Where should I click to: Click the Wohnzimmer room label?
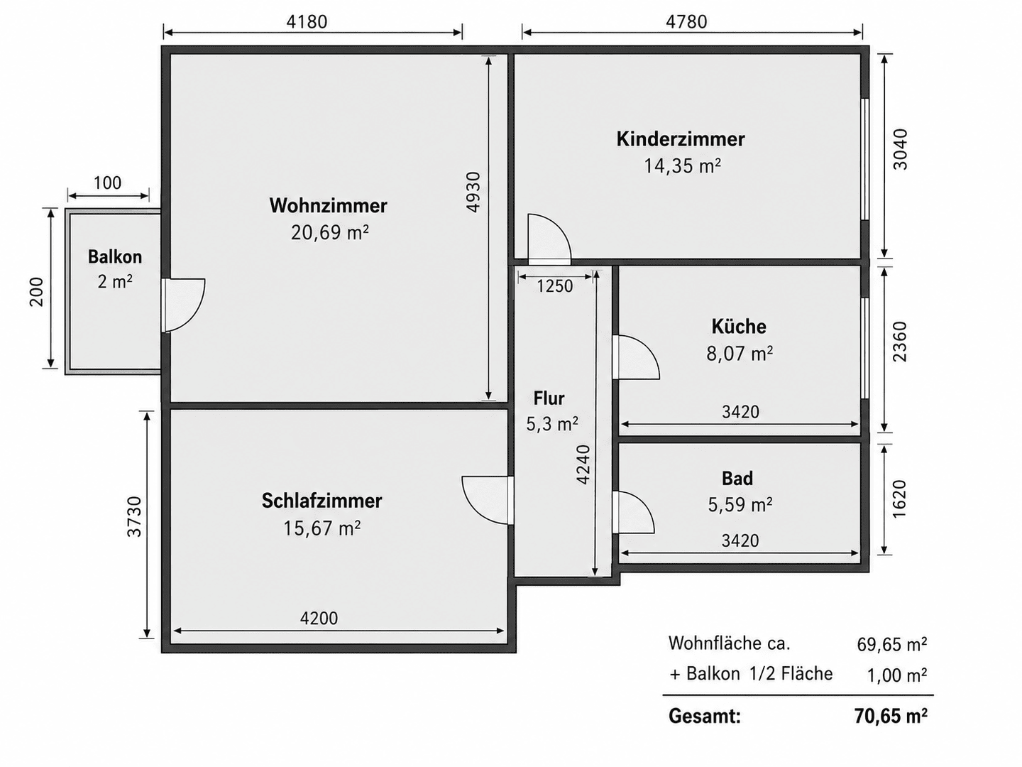(329, 206)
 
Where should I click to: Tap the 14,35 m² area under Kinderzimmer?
(682, 165)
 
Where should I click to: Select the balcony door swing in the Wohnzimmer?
(184, 305)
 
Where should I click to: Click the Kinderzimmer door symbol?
(549, 239)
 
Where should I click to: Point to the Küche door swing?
(635, 357)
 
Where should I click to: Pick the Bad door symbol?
(633, 512)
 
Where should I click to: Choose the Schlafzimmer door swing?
(488, 500)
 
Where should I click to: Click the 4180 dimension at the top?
(307, 22)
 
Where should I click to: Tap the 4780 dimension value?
(686, 22)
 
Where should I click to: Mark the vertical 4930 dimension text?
(473, 192)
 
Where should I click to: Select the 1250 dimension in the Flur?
(555, 286)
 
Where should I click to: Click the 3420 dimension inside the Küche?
(740, 412)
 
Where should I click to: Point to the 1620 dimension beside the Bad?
(899, 499)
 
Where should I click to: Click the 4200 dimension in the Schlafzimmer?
(319, 619)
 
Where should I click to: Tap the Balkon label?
(115, 256)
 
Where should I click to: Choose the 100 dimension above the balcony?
(108, 183)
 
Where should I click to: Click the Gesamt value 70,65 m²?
(891, 716)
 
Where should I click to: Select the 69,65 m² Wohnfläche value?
(891, 645)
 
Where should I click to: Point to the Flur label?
(549, 398)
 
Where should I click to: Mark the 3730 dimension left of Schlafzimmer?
(135, 517)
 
